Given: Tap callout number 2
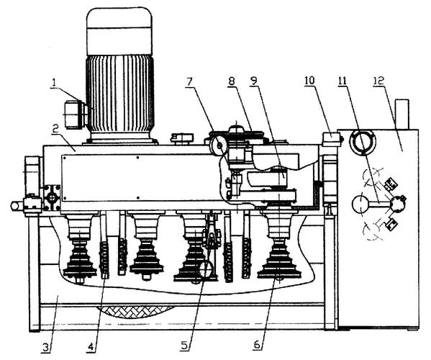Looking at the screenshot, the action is click(x=55, y=130).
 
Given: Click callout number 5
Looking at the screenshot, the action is click(x=185, y=346).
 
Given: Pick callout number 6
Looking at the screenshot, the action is click(x=257, y=345).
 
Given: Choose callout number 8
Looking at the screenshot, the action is click(x=232, y=81).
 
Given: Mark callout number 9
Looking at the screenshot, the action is click(x=253, y=81).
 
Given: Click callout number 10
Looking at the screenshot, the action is click(x=309, y=81).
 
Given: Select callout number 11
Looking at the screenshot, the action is click(x=342, y=81).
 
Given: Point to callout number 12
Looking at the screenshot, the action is click(x=379, y=81).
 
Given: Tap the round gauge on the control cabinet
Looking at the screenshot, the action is click(x=362, y=142).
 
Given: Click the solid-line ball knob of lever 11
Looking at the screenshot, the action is click(x=360, y=204).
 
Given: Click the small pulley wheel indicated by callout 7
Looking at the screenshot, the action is click(x=219, y=146).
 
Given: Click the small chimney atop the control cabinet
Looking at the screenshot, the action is click(x=402, y=114).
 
